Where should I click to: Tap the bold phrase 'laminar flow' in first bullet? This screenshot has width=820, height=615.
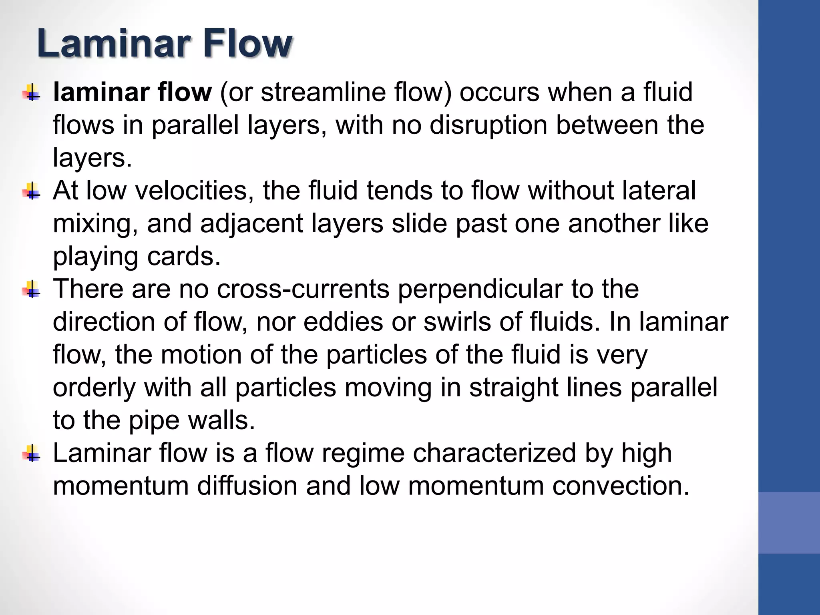point(132,92)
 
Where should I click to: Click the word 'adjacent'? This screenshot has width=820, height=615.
point(251,223)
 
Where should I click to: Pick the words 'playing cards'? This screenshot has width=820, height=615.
point(137,256)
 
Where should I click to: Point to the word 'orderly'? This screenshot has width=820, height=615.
point(94,388)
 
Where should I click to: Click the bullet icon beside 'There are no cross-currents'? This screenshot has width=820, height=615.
point(31,289)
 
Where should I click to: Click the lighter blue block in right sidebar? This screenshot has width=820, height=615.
point(789,523)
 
